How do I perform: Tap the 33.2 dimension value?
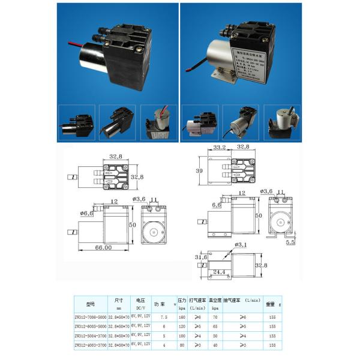(220, 147)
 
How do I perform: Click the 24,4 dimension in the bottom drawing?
(221, 272)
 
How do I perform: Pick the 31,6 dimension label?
(200, 257)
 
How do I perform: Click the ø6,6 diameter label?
(86, 214)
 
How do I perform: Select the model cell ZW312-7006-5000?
(90, 317)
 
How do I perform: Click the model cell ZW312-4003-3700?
(90, 346)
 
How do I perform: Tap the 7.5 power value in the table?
(157, 317)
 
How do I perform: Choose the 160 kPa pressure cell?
(181, 317)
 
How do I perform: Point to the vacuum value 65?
(215, 326)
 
